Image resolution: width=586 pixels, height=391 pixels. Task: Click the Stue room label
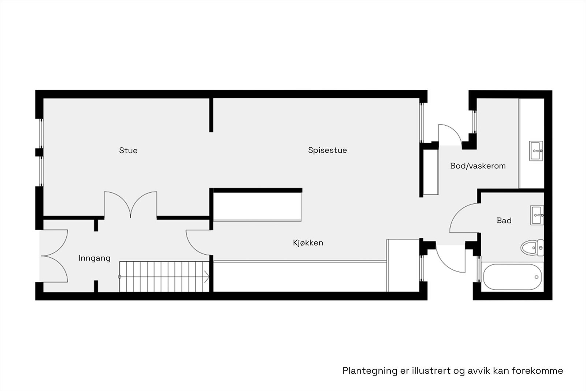click(x=128, y=150)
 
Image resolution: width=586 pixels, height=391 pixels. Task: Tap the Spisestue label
click(x=327, y=150)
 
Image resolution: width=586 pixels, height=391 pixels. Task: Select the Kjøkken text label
click(x=308, y=243)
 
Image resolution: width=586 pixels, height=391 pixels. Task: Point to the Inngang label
click(x=94, y=258)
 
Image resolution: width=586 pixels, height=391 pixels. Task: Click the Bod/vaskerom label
click(x=478, y=166)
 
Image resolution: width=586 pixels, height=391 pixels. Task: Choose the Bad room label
click(x=504, y=221)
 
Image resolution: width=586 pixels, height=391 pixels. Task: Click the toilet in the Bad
click(x=532, y=248)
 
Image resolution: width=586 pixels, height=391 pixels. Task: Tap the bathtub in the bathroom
click(x=512, y=277)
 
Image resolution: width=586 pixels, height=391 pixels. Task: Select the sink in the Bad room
click(x=537, y=215)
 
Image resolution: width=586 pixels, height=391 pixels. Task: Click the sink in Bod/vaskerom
click(x=536, y=151)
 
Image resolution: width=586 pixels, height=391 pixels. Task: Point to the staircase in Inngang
click(x=164, y=277)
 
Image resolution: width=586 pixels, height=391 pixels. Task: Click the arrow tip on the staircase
click(x=209, y=277)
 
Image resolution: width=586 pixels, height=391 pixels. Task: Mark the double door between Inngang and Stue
click(x=130, y=205)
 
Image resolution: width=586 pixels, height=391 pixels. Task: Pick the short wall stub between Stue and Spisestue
click(x=211, y=115)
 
